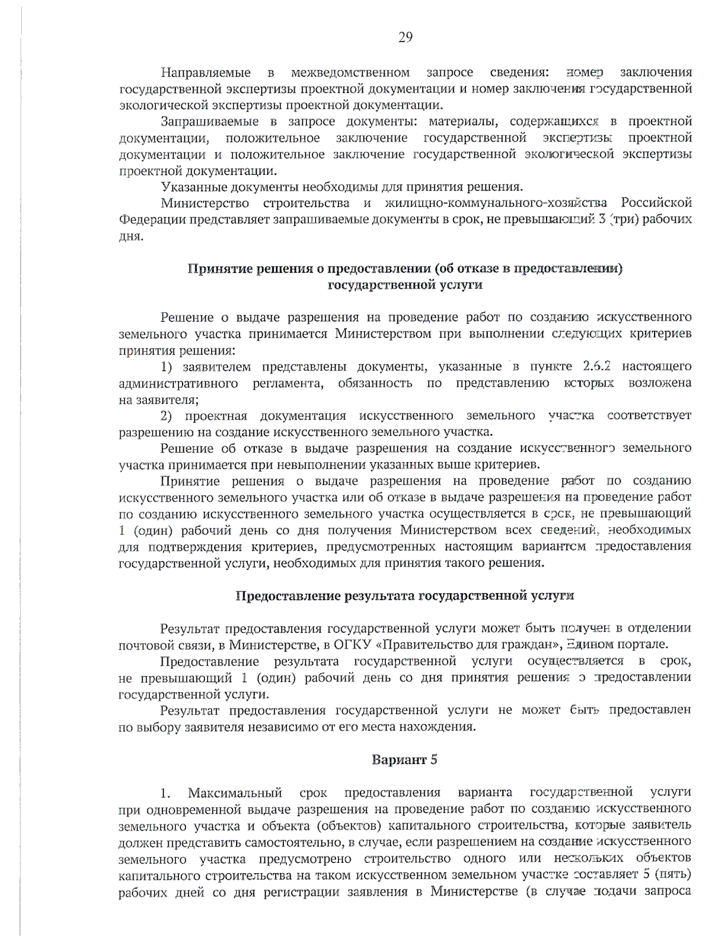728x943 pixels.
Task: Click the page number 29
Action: coord(405,38)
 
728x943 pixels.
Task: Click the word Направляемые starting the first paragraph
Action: coord(206,73)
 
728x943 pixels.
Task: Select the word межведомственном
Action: coord(350,73)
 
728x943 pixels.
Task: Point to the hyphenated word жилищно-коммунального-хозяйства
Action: coord(495,202)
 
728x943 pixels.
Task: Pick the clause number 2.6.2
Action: coord(596,367)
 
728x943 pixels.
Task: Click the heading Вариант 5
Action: coord(405,760)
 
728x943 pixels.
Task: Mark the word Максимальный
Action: coord(235,792)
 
